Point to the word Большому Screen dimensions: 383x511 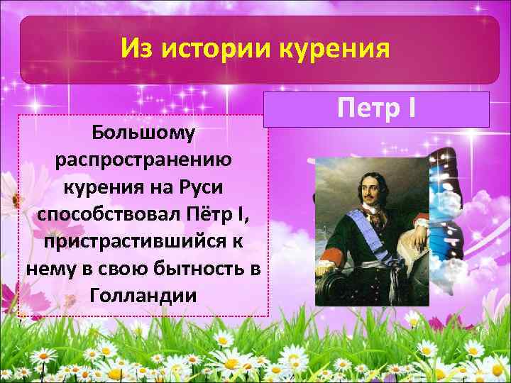[144, 133]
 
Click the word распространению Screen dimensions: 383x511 [143, 160]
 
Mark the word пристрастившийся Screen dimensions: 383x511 [133, 242]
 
